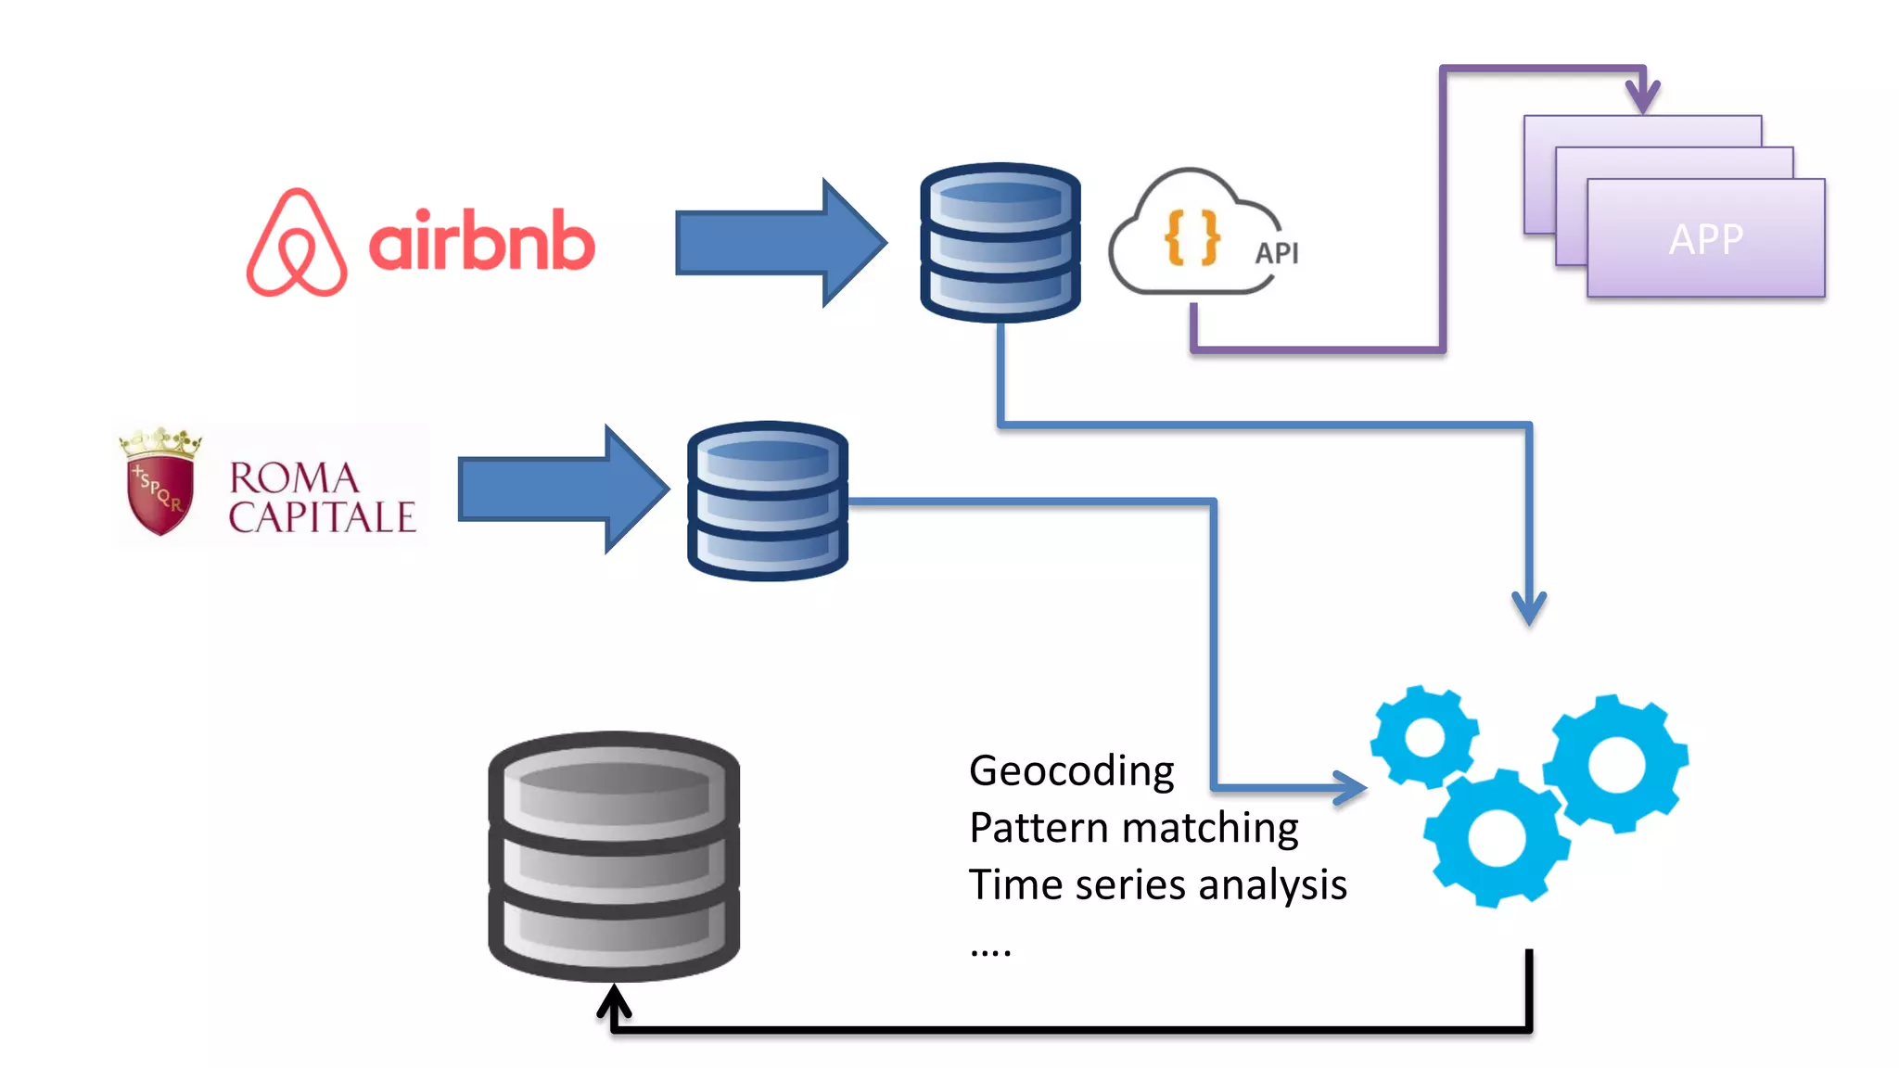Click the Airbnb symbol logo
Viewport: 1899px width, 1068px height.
point(297,243)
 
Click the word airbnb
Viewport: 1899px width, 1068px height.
point(481,241)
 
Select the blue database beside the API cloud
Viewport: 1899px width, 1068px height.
point(1000,243)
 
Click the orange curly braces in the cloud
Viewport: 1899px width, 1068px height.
point(1192,237)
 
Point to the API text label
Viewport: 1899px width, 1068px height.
point(1276,253)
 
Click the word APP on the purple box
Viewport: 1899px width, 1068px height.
point(1706,239)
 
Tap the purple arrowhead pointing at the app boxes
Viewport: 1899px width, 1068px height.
point(1643,95)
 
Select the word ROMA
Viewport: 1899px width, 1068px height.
point(295,478)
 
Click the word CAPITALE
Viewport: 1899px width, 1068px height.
point(322,517)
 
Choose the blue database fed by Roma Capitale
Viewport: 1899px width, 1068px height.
point(767,501)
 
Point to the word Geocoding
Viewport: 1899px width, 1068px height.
point(1071,771)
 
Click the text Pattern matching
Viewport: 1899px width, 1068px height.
point(1133,828)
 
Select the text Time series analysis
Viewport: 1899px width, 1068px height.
point(1157,884)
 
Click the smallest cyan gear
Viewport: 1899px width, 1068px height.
point(1424,737)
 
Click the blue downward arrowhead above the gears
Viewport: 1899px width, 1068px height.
point(1529,608)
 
